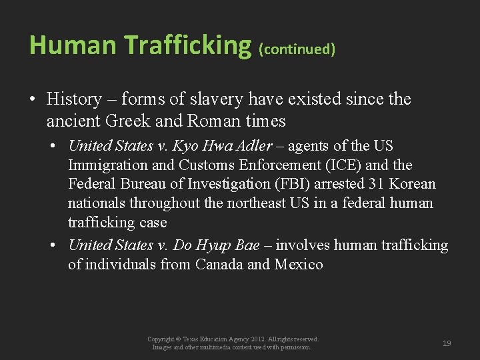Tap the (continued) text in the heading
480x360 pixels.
pyautogui.click(x=297, y=49)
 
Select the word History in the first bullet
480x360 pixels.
pyautogui.click(x=75, y=99)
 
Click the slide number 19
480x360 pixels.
pyautogui.click(x=447, y=343)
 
